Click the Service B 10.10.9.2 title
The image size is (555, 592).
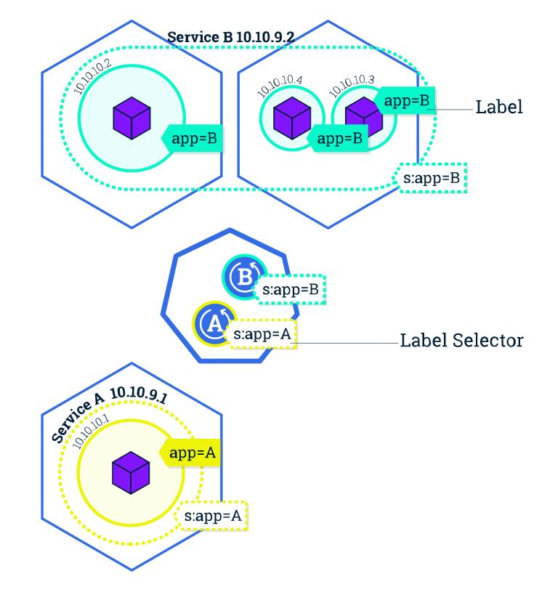coord(231,37)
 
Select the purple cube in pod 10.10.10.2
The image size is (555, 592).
coord(131,118)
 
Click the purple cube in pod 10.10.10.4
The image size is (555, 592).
coord(292,118)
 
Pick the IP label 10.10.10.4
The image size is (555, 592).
coord(280,86)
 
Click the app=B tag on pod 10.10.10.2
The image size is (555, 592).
coord(193,139)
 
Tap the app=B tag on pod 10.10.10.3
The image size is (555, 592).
coord(405,100)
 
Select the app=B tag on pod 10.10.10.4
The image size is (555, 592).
coord(338,139)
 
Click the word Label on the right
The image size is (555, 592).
coord(499,107)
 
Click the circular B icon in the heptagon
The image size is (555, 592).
coord(245,277)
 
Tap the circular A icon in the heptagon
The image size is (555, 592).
coord(215,323)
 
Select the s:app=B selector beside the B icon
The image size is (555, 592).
coord(290,290)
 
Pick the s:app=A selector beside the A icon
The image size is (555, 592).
coord(261,334)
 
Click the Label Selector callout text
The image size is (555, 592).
coord(462,340)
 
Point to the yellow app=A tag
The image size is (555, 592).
coord(190,453)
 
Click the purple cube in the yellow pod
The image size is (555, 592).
coord(131,473)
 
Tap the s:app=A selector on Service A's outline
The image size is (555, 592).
coord(211,516)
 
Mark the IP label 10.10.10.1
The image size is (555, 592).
coord(91,431)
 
